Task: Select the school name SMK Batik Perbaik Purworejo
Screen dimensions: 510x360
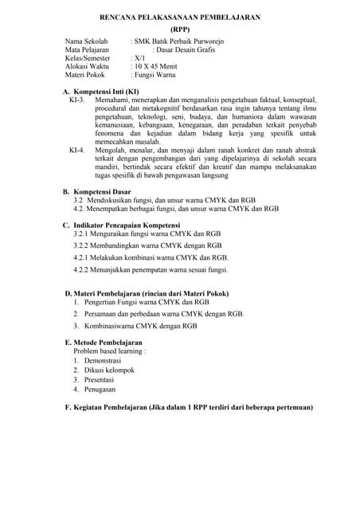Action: click(179, 40)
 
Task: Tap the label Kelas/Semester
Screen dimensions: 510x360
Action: click(88, 58)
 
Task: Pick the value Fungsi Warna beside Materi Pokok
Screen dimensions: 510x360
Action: click(156, 76)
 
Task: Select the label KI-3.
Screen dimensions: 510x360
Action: click(77, 102)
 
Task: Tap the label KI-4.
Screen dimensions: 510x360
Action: click(77, 149)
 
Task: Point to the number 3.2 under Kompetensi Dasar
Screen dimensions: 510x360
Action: click(79, 200)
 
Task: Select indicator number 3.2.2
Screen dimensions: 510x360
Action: click(82, 246)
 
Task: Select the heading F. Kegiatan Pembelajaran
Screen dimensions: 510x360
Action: click(188, 407)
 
